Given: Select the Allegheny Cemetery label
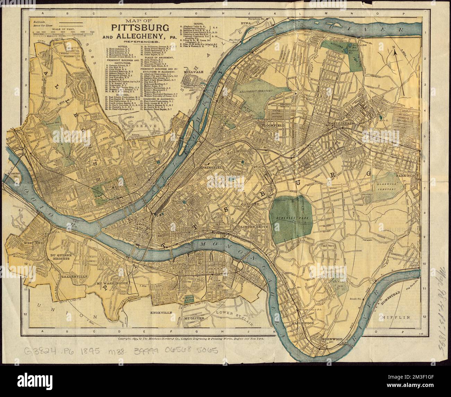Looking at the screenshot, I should (x=256, y=91).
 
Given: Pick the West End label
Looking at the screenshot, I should (x=33, y=243).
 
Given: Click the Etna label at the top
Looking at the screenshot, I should (x=246, y=23).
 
